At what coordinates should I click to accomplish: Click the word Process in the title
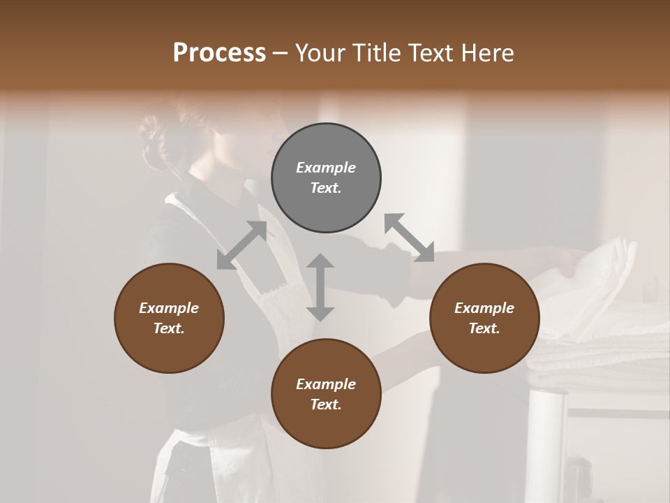[219, 53]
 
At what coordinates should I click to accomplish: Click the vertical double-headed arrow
[320, 287]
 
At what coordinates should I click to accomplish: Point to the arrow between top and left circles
[241, 245]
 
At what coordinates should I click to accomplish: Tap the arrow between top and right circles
[409, 238]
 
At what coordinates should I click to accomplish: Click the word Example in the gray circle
[326, 168]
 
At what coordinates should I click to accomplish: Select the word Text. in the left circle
[169, 328]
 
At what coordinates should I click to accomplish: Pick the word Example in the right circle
[484, 308]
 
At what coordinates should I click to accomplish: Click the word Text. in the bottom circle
[326, 404]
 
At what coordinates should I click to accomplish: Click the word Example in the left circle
[169, 308]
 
